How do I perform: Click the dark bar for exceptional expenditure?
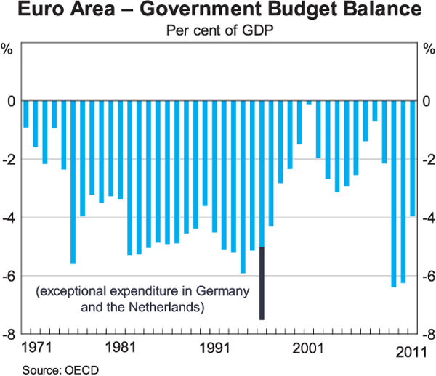tap(262, 283)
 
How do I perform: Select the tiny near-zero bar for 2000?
tap(309, 102)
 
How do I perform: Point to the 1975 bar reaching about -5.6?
tap(73, 181)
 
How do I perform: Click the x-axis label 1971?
tap(36, 346)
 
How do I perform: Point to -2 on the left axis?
tap(10, 160)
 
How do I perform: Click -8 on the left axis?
tap(10, 335)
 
